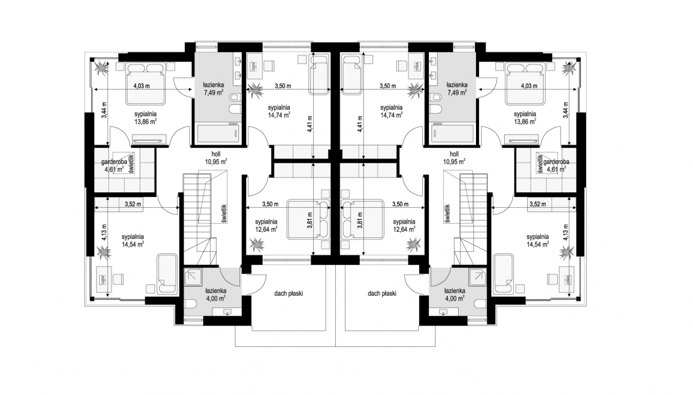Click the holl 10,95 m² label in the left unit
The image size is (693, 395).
pyautogui.click(x=216, y=158)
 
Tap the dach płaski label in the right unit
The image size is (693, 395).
pyautogui.click(x=382, y=294)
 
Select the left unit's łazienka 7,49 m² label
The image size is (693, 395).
pyautogui.click(x=213, y=88)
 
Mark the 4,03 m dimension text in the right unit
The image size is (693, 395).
pyautogui.click(x=529, y=86)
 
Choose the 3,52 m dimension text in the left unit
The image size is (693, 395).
pyautogui.click(x=133, y=204)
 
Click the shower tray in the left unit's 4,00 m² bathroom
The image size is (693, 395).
pyautogui.click(x=193, y=277)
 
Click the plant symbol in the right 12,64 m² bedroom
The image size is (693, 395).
pyautogui.click(x=413, y=245)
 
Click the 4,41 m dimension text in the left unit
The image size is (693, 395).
pyautogui.click(x=309, y=124)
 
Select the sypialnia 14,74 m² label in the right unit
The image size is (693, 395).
pyautogui.click(x=392, y=111)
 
